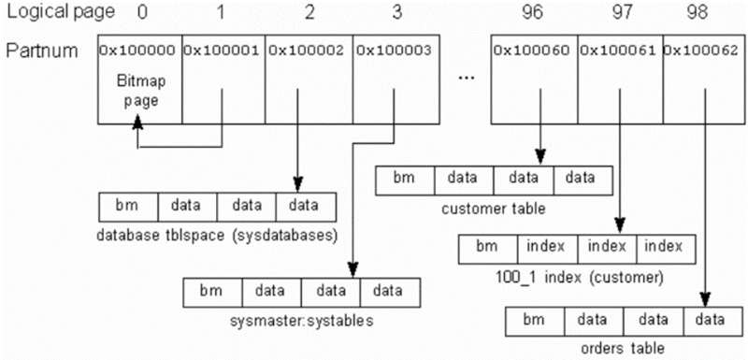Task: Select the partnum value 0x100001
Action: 223,50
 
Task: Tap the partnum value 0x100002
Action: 308,50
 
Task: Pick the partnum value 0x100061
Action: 619,50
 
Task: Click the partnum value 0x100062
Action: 702,50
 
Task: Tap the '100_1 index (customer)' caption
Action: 578,277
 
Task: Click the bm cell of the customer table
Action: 404,178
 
